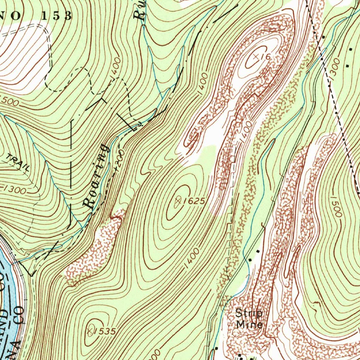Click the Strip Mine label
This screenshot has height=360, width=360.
click(249, 318)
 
